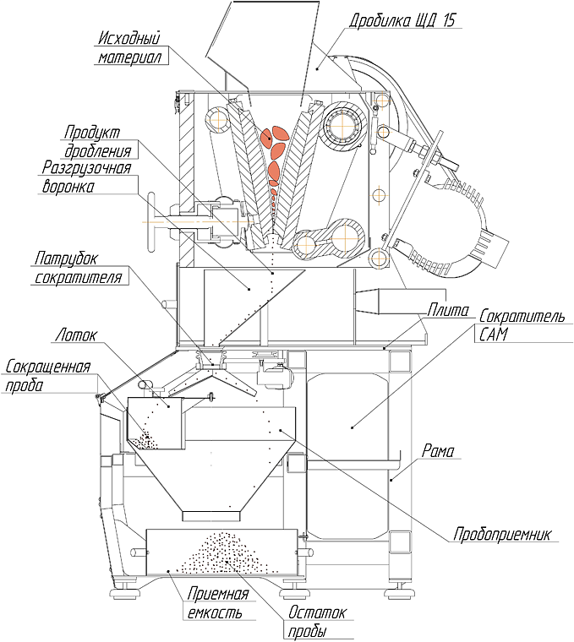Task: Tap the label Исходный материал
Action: pos(129,48)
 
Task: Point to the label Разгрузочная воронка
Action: pos(85,177)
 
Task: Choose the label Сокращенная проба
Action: pos(47,376)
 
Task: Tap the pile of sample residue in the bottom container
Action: pos(222,553)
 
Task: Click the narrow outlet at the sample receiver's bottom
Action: pos(211,514)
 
